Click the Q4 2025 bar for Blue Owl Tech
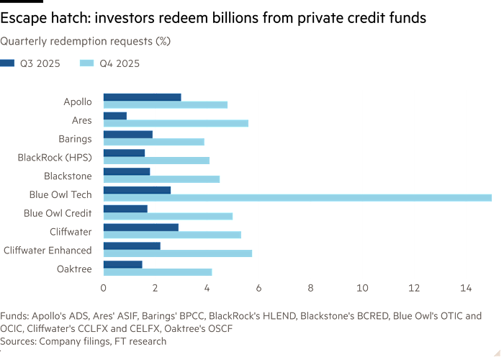tap(297, 198)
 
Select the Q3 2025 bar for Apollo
tap(142, 96)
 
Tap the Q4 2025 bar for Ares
tap(176, 123)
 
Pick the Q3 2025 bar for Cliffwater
tap(141, 227)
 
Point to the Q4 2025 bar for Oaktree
tap(158, 272)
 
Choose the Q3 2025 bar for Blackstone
tap(127, 171)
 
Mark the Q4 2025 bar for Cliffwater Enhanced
tap(178, 253)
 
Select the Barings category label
tap(75, 138)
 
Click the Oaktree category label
tap(74, 269)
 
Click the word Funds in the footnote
tap(14, 316)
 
